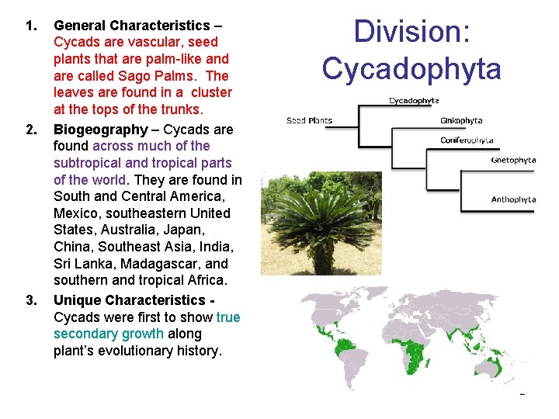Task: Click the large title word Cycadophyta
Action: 411,68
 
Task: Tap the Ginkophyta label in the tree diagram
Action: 461,120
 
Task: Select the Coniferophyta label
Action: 467,140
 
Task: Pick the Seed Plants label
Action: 310,121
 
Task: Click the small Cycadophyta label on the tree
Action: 414,100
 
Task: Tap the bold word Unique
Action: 77,300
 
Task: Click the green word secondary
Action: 85,334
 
